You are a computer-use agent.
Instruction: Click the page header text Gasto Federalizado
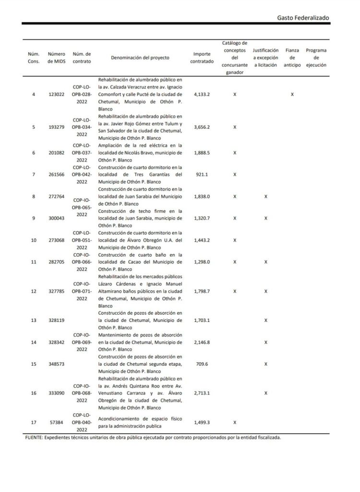click(x=303, y=17)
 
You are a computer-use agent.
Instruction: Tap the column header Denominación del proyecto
click(x=140, y=58)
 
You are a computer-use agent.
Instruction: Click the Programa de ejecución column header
click(x=316, y=58)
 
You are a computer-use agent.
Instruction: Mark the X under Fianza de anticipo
click(x=292, y=95)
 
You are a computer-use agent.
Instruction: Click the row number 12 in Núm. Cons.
click(x=33, y=291)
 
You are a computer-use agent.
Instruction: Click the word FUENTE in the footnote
click(x=34, y=438)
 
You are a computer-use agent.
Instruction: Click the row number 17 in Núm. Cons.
click(x=33, y=422)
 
